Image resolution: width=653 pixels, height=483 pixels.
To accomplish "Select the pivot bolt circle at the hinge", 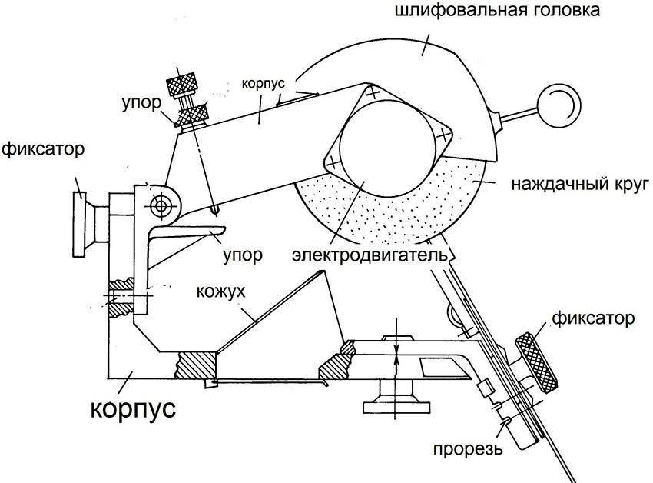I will [161, 205].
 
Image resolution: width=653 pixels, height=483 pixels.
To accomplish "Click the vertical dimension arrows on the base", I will [396, 346].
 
